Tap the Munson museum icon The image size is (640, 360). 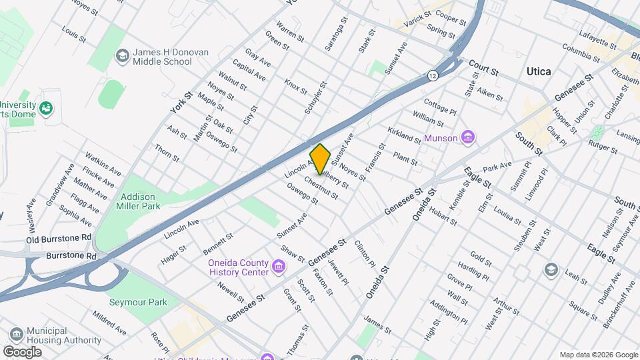pos(468,138)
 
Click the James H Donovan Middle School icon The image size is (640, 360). pos(122,56)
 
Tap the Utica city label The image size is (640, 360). pos(539,71)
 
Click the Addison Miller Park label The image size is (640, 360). pos(139,202)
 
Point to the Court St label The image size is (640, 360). pos(484,65)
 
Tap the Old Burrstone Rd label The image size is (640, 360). pos(59,238)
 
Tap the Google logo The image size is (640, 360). pos(22,351)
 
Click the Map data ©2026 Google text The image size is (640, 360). pos(598,355)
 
